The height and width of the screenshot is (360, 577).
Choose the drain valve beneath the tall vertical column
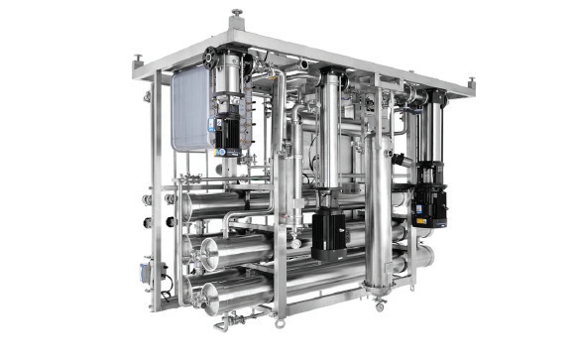pos(378,303)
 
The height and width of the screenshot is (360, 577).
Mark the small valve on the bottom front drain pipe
pos(231,320)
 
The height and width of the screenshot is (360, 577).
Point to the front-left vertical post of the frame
pos(160,198)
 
